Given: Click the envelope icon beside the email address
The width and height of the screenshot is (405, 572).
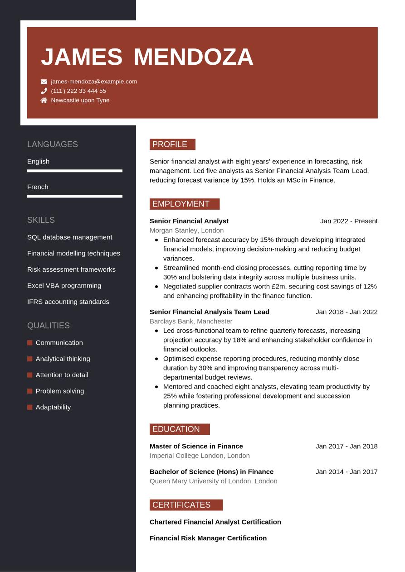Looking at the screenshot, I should click(44, 82).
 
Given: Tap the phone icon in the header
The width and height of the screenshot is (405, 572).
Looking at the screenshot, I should click(44, 91).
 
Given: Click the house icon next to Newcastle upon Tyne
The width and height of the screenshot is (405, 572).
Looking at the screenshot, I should click(44, 101).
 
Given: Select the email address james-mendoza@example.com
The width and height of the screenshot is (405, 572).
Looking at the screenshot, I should click(94, 82).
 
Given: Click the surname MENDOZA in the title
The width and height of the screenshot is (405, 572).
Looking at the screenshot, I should click(194, 57).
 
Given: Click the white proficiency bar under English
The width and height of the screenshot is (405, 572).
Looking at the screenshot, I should click(75, 171).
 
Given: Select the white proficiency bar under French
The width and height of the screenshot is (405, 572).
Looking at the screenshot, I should click(75, 196).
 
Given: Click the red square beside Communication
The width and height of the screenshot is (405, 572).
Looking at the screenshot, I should click(30, 343).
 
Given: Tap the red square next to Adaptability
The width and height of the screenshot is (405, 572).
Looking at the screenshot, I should click(30, 407).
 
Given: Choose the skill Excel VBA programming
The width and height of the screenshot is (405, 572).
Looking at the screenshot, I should click(64, 286).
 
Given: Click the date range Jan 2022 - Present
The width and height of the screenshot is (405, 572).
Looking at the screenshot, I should click(349, 221).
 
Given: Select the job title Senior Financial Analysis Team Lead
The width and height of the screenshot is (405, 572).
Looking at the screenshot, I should click(210, 312).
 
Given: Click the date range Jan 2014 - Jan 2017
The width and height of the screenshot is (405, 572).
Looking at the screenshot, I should click(346, 471).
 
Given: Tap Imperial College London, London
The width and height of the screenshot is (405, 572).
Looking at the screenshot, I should click(200, 456).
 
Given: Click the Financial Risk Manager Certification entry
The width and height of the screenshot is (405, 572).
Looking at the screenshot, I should click(208, 538).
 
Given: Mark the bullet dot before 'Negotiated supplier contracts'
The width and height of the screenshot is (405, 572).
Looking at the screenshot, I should click(156, 287).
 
